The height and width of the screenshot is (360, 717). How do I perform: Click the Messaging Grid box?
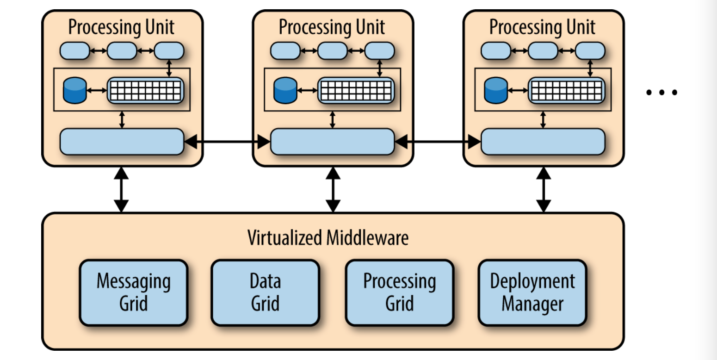(134, 292)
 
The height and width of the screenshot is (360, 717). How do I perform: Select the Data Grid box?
(266, 292)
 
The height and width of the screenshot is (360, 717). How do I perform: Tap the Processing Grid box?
(400, 292)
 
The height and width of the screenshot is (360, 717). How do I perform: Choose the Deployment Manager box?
(532, 292)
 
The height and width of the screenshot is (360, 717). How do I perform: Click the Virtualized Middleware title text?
(328, 238)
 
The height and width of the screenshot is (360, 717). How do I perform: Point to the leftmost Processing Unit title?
(121, 27)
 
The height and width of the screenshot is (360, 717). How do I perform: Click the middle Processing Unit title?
(332, 27)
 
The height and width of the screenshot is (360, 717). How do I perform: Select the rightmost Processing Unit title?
(543, 27)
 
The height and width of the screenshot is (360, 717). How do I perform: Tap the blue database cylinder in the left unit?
(75, 90)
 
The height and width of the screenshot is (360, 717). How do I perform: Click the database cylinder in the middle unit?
(285, 90)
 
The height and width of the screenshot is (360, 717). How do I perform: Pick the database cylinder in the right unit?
(496, 90)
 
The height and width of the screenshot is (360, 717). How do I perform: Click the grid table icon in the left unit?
(146, 90)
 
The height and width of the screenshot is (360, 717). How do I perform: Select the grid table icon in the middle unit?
(356, 90)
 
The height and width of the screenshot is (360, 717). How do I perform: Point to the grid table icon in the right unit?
(567, 90)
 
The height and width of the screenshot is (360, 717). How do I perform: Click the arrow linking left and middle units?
(227, 142)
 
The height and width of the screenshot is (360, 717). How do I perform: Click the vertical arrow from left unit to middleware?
(121, 190)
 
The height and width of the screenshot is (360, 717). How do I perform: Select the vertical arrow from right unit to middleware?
(544, 190)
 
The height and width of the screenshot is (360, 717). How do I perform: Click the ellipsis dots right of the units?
(661, 93)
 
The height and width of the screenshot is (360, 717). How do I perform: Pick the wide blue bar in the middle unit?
(333, 142)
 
